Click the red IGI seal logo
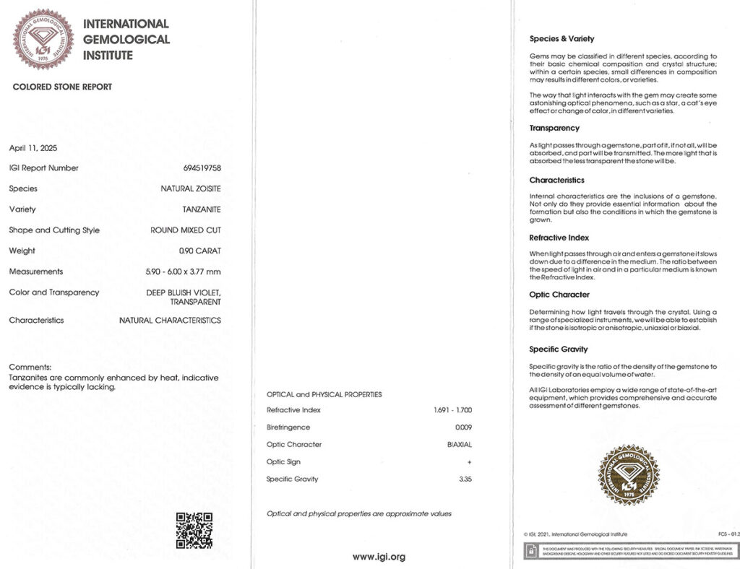44,39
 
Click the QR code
194,530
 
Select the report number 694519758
202,168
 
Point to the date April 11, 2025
33,148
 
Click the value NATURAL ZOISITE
191,189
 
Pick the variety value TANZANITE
202,209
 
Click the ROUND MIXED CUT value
186,230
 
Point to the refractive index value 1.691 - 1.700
447,410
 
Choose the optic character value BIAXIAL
460,445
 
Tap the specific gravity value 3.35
464,479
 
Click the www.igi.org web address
379,557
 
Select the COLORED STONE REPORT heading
62,87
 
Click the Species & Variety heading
562,39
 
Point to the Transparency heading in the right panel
554,128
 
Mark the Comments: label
30,367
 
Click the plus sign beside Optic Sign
470,462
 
